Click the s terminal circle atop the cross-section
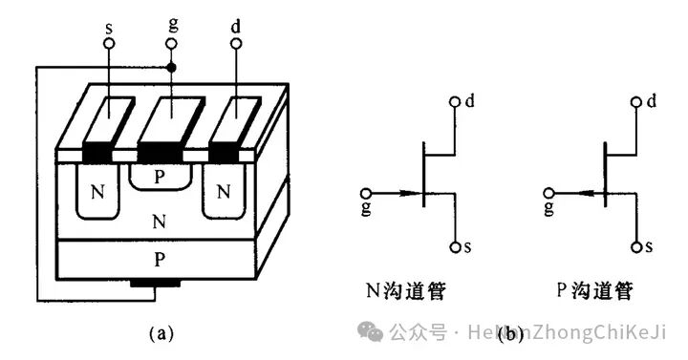[109, 44]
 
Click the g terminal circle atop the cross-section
[172, 44]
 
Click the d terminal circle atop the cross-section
[236, 44]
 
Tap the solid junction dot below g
[172, 69]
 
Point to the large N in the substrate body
[159, 223]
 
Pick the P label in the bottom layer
[159, 258]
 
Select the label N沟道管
[404, 289]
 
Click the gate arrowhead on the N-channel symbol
[414, 194]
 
